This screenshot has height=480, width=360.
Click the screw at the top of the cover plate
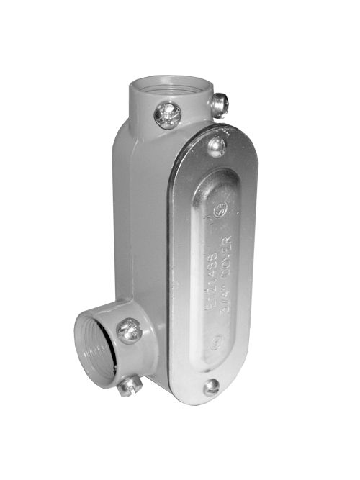[x=217, y=147]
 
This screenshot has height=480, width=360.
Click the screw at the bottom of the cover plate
[x=211, y=387]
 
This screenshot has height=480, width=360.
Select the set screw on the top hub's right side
[x=221, y=105]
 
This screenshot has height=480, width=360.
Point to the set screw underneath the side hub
[x=129, y=386]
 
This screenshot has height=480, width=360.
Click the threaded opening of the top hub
[x=173, y=85]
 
